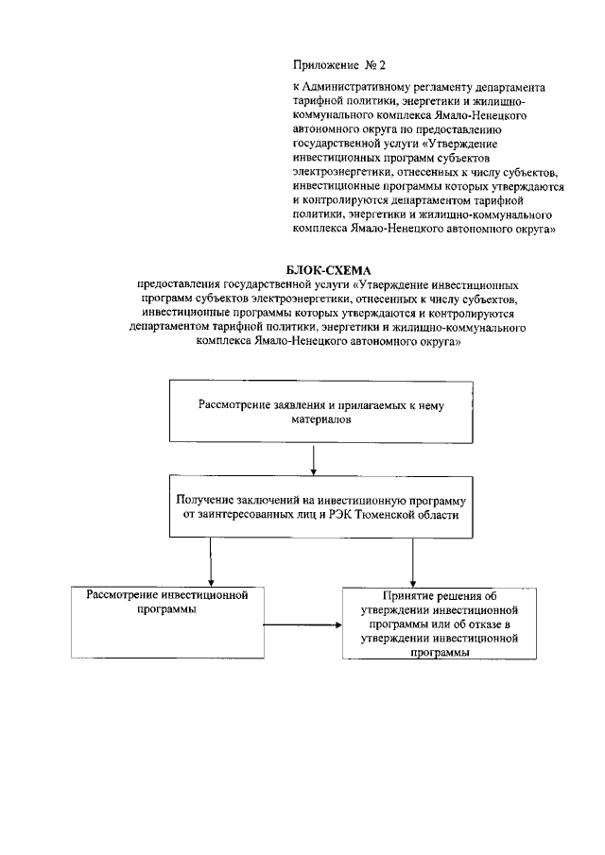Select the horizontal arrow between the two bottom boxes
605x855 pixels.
pos(302,624)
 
